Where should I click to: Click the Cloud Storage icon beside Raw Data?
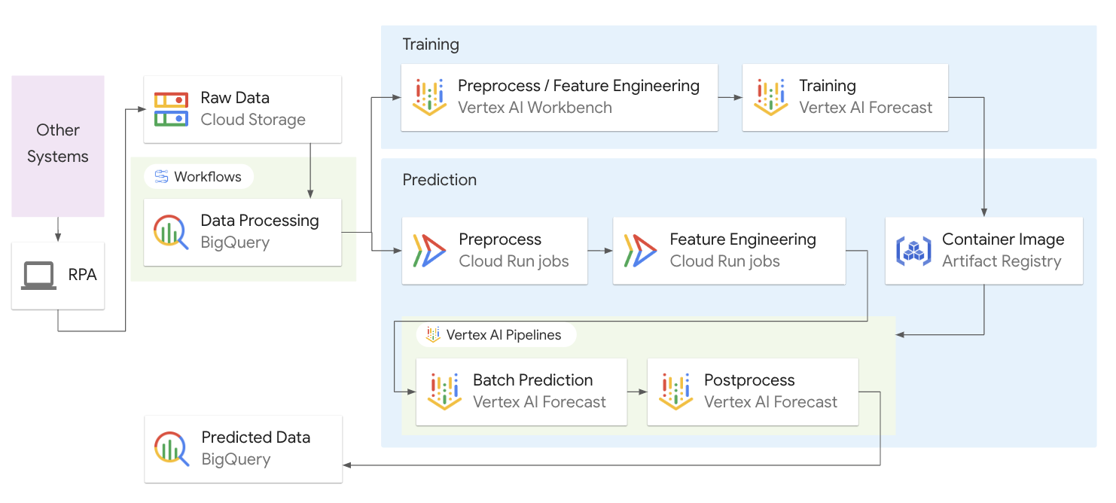point(171,109)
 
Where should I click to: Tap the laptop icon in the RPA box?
point(38,276)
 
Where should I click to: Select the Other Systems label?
point(58,143)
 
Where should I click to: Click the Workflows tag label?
point(207,177)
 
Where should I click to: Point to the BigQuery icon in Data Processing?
point(171,232)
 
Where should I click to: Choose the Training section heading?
point(431,44)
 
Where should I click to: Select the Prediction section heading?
point(440,180)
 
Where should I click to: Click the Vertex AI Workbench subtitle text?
point(535,108)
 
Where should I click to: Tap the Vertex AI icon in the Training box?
point(771,97)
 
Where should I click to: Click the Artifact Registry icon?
point(913,251)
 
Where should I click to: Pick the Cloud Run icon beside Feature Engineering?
point(640,251)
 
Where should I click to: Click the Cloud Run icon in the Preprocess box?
point(429,251)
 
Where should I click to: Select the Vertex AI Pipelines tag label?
point(503,334)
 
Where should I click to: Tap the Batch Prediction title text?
point(532,380)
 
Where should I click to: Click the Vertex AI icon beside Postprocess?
point(675,392)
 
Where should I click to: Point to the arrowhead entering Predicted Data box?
point(347,465)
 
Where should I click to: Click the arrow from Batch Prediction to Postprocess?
point(637,392)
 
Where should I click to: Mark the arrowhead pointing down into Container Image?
point(984,212)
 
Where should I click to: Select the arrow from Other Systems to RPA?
point(58,229)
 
